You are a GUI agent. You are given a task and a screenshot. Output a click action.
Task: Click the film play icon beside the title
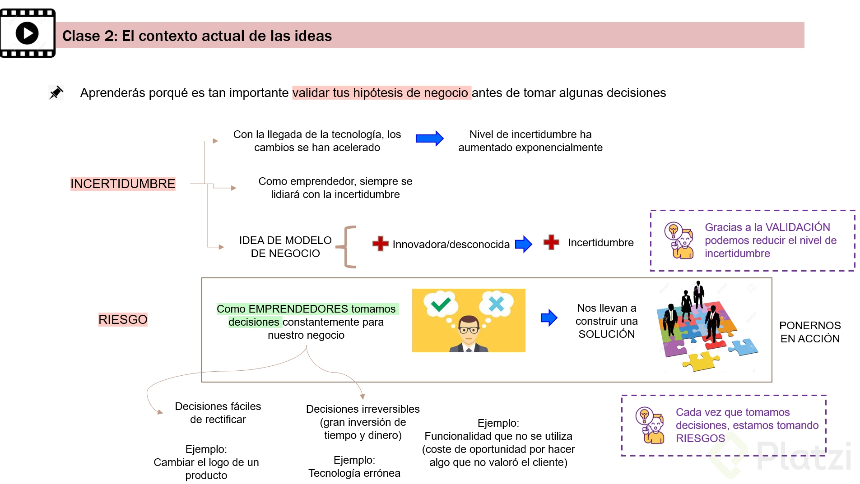(x=28, y=33)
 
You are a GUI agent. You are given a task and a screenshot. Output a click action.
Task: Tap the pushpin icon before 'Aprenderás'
(x=56, y=92)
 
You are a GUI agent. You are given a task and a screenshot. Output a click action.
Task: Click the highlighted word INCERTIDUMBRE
(x=123, y=184)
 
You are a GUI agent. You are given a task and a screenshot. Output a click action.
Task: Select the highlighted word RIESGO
(x=123, y=319)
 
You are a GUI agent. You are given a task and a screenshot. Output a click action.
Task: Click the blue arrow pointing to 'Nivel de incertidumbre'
(x=429, y=138)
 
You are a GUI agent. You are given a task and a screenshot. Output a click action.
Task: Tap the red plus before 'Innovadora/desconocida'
(x=380, y=244)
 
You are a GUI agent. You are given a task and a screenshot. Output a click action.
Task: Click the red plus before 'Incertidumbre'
(x=551, y=242)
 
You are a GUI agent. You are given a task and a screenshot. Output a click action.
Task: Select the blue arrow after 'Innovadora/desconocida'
(x=524, y=244)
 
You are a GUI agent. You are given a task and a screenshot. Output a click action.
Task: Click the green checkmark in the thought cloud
(x=441, y=304)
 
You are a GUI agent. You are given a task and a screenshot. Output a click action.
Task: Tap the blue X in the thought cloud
(x=496, y=304)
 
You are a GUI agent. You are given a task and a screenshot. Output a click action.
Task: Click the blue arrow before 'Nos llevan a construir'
(x=549, y=318)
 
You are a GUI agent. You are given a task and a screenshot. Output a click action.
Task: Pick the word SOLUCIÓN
(x=606, y=334)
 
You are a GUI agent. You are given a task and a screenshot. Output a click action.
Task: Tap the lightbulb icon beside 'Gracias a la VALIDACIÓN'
(x=674, y=230)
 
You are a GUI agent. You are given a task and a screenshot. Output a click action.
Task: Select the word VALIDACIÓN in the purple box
(x=798, y=227)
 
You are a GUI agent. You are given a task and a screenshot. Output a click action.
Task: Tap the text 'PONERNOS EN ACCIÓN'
(x=810, y=332)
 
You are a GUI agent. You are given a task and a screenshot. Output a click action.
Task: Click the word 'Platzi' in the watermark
(x=804, y=456)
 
